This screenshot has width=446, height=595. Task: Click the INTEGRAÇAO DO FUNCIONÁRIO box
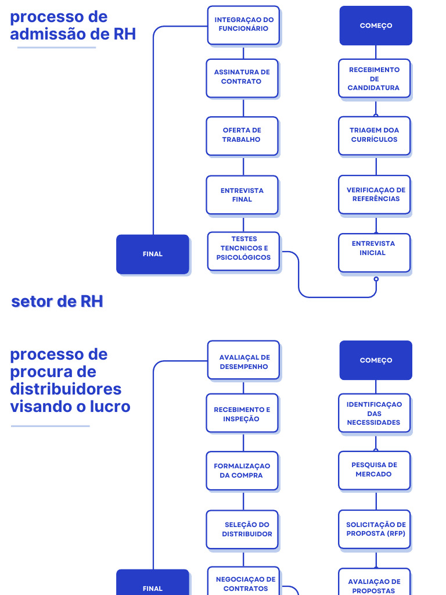tap(243, 25)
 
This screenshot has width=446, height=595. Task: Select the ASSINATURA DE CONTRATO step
tap(242, 77)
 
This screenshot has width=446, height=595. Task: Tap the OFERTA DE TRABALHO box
tap(242, 135)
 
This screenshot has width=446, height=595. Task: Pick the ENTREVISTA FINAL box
tap(242, 195)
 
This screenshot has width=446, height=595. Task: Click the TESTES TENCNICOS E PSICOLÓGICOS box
tap(243, 251)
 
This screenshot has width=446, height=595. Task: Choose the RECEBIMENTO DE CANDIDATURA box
tap(375, 78)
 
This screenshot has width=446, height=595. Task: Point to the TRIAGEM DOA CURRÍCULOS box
tap(375, 135)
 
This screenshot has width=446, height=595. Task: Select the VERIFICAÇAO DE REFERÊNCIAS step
tap(375, 195)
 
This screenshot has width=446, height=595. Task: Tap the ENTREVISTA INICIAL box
tap(375, 252)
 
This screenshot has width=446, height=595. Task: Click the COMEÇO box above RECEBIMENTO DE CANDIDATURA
tap(376, 26)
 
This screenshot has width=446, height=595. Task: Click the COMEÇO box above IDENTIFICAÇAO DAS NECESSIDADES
tap(376, 360)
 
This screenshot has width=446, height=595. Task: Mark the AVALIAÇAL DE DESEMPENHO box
tap(243, 361)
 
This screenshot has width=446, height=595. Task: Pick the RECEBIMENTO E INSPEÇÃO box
tap(242, 414)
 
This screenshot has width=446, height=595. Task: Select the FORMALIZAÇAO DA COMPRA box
tap(242, 471)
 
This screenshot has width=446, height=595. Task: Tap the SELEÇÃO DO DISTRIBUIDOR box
tap(242, 529)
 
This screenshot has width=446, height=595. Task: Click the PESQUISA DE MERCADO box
tap(375, 470)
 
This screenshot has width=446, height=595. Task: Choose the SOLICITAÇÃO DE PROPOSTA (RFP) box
tap(375, 529)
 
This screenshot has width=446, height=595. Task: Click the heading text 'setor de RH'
tap(57, 302)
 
